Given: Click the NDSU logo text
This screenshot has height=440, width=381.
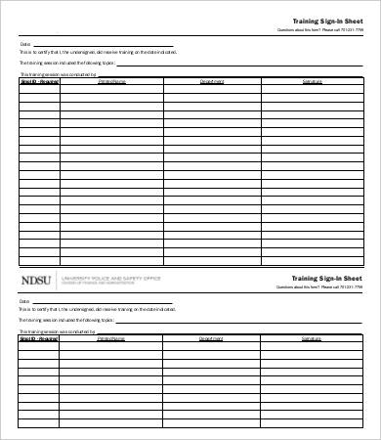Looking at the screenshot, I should pos(36,280).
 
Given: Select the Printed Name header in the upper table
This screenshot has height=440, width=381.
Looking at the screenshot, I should pos(111,81).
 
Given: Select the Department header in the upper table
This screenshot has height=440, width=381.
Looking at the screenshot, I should pos(212,81).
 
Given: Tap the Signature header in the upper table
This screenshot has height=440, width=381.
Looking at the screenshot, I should pos(312,81).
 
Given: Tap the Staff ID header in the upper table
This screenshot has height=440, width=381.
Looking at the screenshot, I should pos(39,81).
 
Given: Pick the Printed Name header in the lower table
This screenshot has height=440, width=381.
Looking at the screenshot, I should pos(111,339).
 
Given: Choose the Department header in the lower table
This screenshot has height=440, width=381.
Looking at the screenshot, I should pos(212,339).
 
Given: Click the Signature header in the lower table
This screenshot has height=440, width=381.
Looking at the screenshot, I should pos(312,339).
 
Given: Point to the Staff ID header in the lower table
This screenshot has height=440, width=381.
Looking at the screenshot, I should pos(39,339).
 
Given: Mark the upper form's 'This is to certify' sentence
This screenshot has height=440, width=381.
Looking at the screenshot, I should pos(98,53).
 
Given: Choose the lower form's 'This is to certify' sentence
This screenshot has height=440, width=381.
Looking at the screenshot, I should pos(98,311).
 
